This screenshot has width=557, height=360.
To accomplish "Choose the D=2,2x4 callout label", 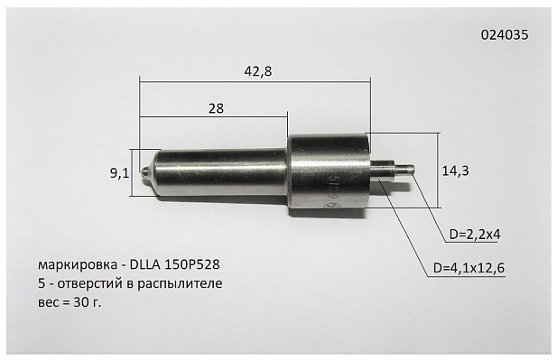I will pyautogui.click(x=475, y=235).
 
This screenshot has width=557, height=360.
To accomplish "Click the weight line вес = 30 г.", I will pyautogui.click(x=77, y=302).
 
